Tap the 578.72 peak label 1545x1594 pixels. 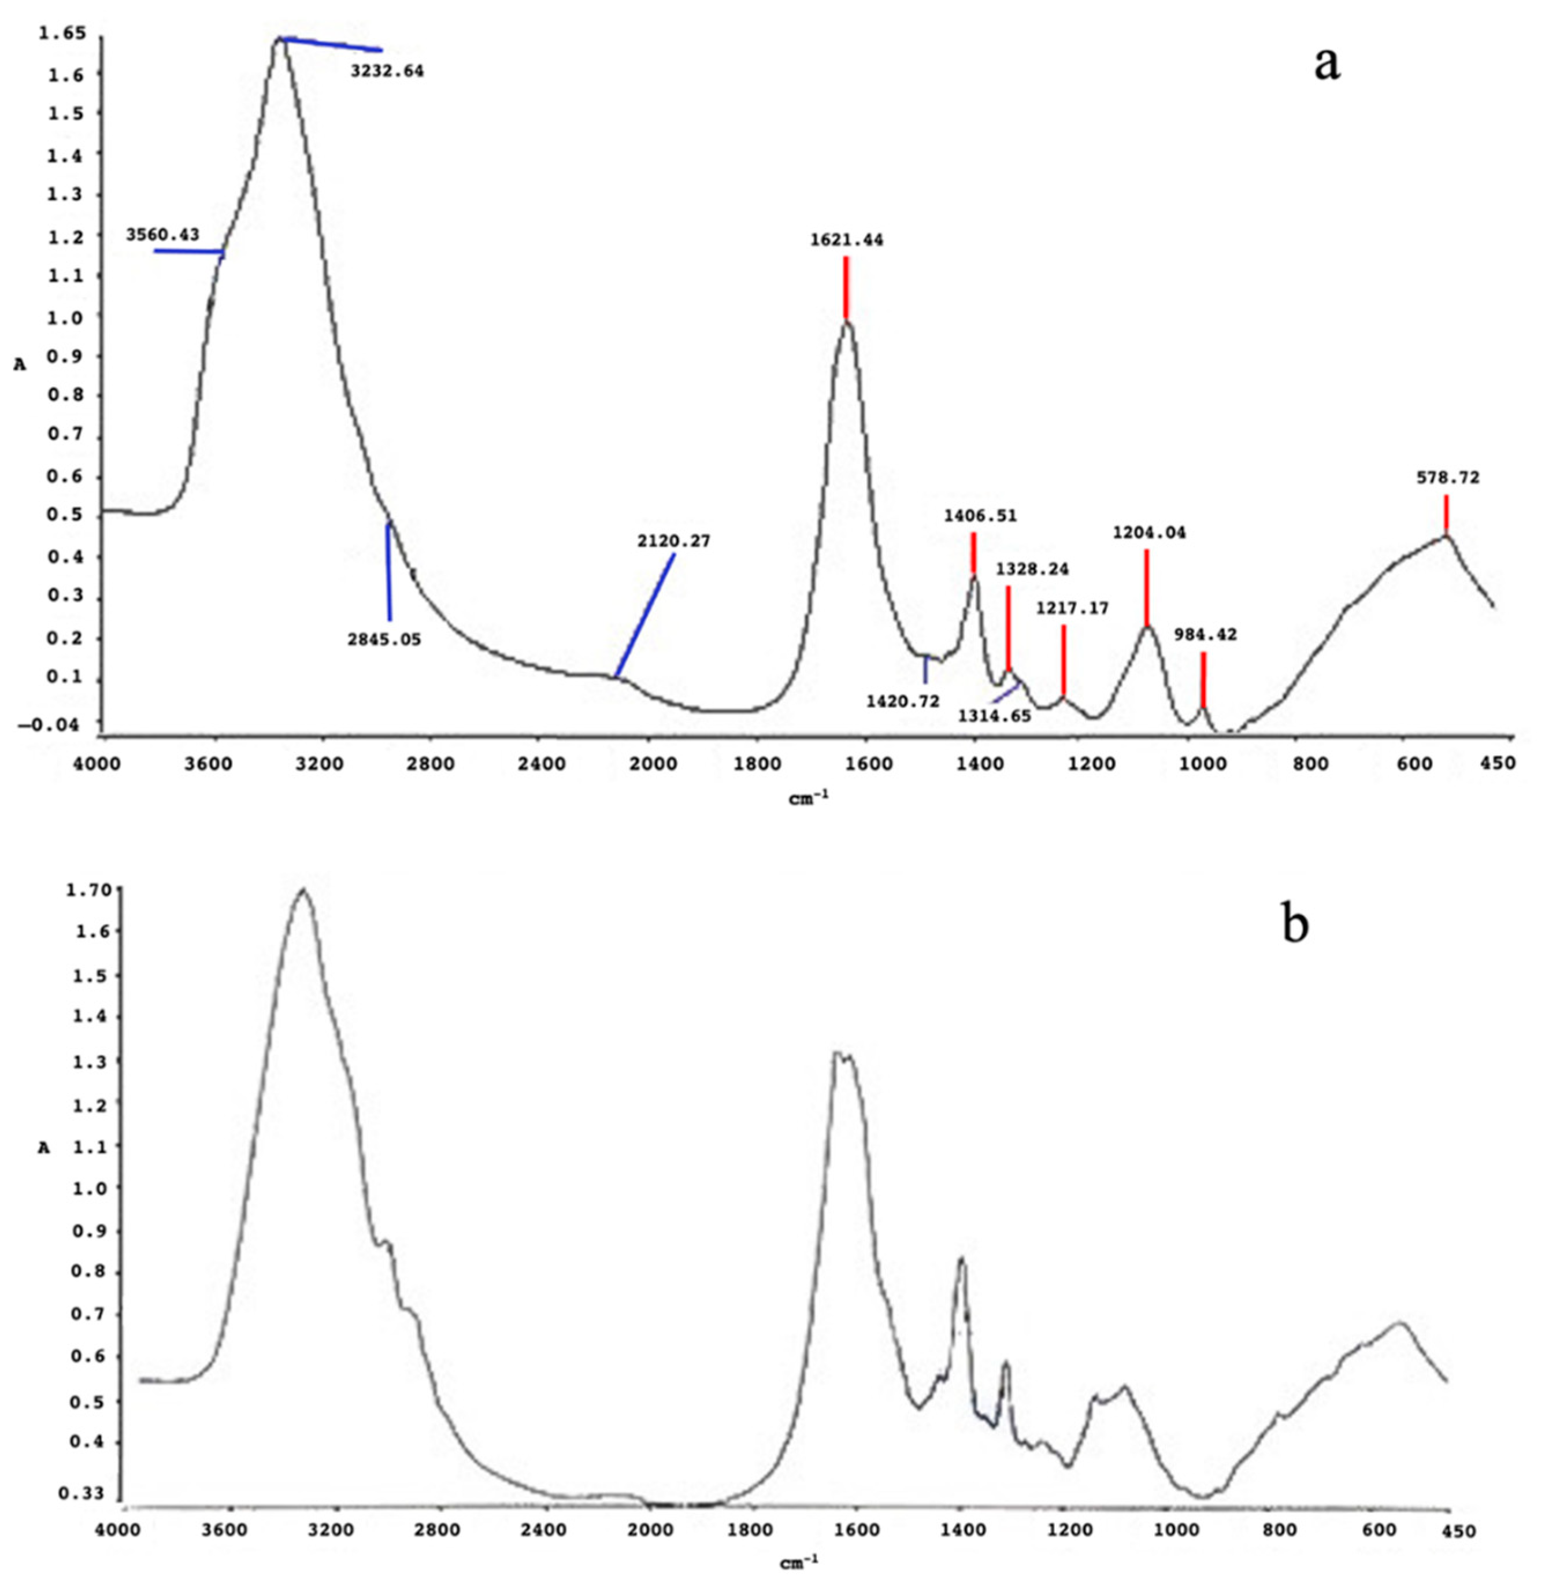click(x=1448, y=478)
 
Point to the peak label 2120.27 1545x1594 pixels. click(x=673, y=541)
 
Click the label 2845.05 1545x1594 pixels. click(x=384, y=640)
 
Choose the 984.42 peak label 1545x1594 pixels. click(x=1205, y=634)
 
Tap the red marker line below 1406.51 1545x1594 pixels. click(x=973, y=553)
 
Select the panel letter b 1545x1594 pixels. click(x=1295, y=924)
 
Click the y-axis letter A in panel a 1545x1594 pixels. click(x=20, y=365)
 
